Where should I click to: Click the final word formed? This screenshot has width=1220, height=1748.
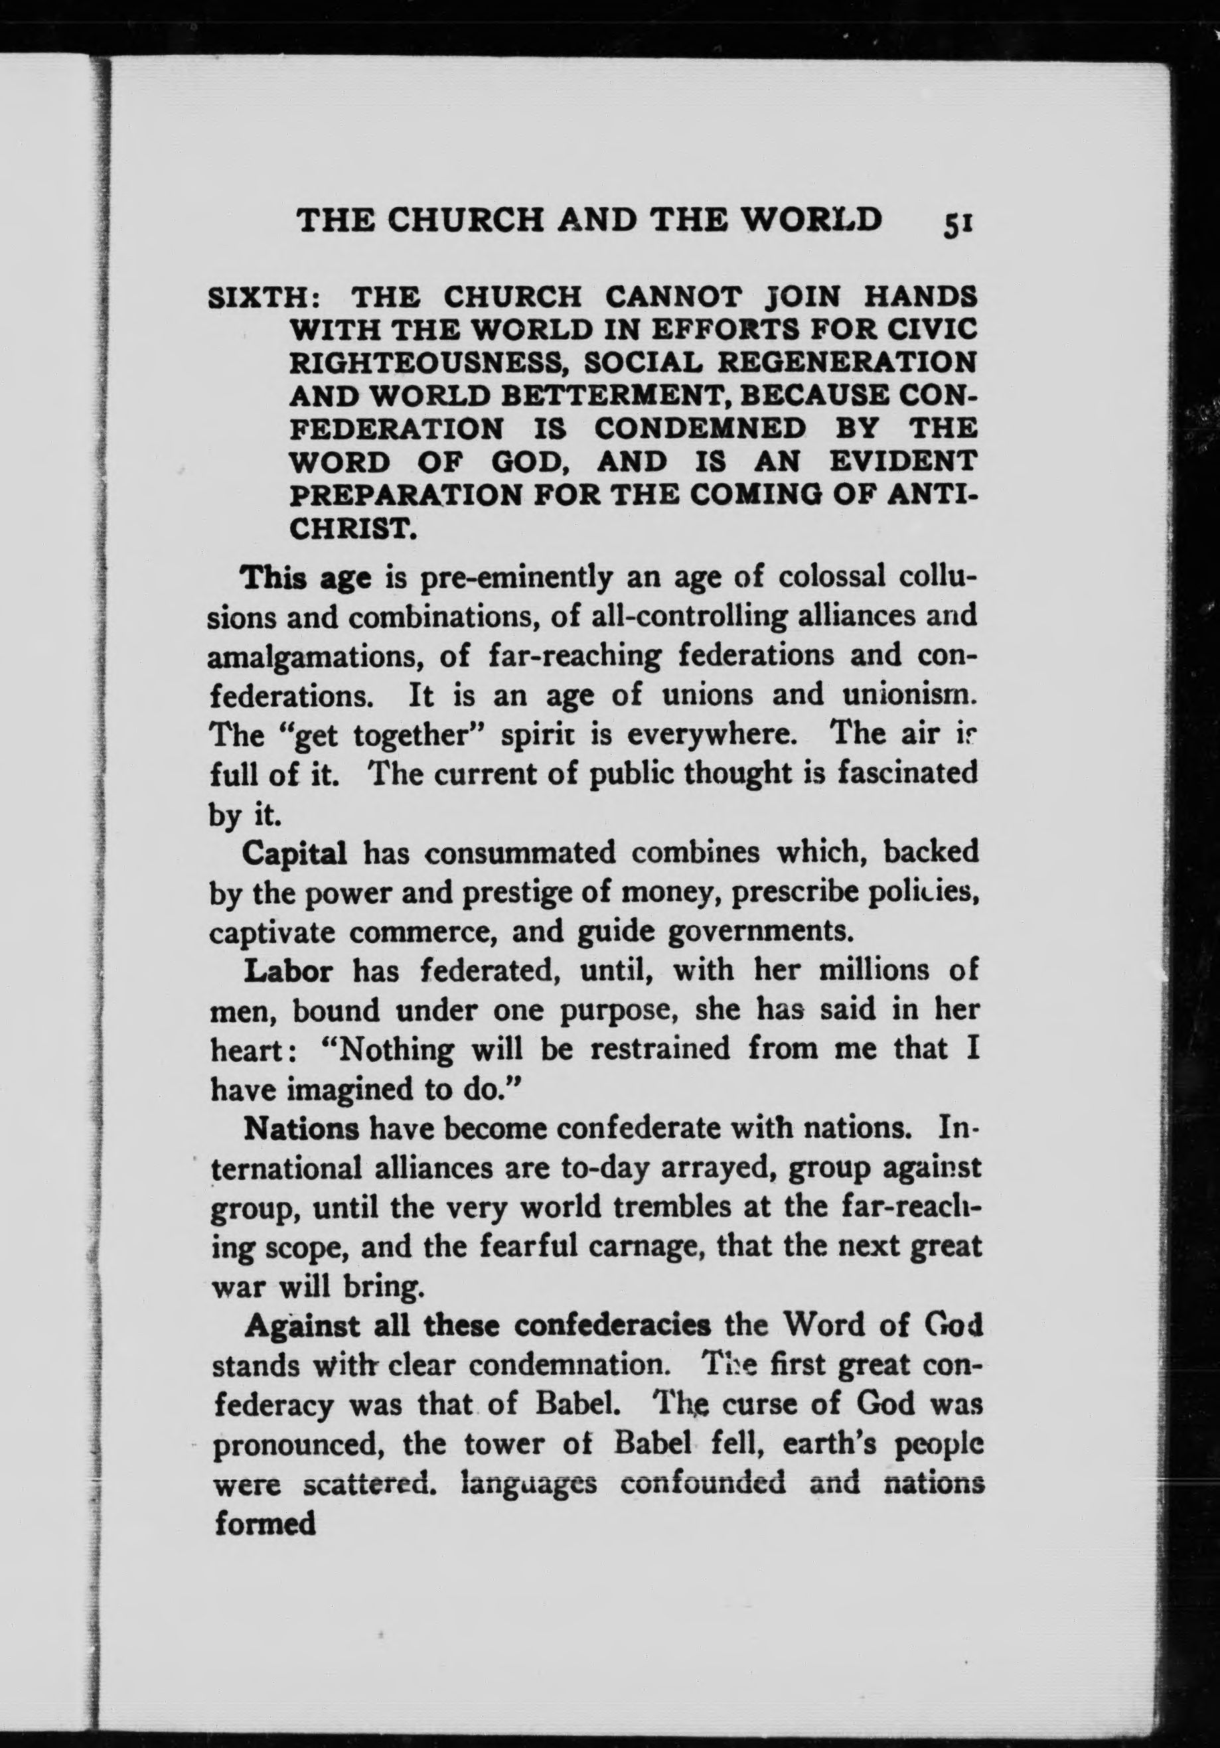264,1522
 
